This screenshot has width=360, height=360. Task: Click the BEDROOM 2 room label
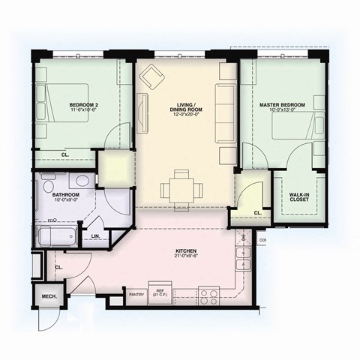[82, 103]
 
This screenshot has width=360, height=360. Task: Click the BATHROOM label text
[66, 195]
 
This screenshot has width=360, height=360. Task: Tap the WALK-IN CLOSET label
[299, 196]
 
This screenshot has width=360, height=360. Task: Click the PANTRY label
[136, 293]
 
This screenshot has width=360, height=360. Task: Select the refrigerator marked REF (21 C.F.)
[159, 292]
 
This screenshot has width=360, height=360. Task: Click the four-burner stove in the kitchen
[208, 294]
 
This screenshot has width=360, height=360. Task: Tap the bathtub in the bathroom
[57, 238]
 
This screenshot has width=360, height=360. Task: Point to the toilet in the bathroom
[48, 183]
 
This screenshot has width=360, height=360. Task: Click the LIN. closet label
[96, 237]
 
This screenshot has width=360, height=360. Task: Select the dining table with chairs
[180, 188]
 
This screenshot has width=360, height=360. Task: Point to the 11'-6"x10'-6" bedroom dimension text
[83, 109]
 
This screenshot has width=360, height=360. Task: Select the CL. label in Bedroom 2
[64, 155]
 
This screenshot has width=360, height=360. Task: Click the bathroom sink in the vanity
[80, 181]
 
